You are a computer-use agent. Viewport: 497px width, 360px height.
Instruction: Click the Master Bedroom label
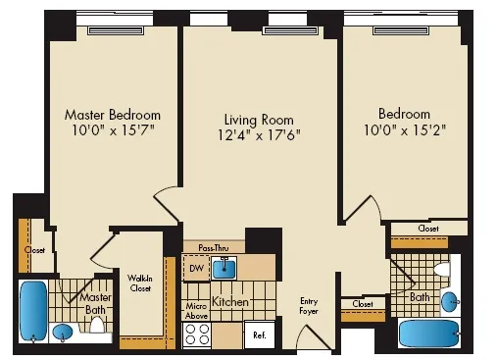[x=112, y=115]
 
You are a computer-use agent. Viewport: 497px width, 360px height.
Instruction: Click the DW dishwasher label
[x=196, y=268]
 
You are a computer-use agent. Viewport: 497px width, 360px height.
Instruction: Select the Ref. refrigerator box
[x=260, y=335]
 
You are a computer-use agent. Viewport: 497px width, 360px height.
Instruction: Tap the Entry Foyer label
[x=310, y=308]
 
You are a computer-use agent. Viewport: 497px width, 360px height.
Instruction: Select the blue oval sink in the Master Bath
[x=64, y=333]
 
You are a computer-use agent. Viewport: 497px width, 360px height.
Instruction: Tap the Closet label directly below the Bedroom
[x=427, y=229]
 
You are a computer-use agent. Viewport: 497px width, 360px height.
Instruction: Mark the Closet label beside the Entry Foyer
[x=362, y=305]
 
